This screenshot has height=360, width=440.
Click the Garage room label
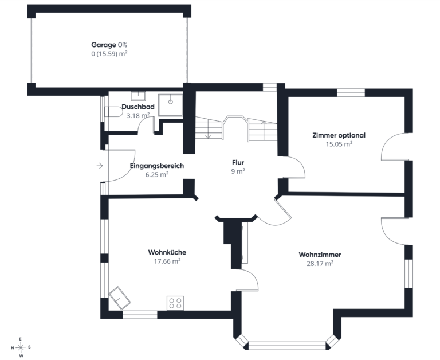103,45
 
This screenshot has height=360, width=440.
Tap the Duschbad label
138,107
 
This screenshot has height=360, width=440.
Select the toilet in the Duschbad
113,112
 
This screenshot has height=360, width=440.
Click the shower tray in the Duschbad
170,105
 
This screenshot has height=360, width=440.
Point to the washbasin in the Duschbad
138,96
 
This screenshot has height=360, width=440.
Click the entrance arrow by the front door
100,166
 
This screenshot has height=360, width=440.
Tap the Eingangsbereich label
157,166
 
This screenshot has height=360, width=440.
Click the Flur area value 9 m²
238,171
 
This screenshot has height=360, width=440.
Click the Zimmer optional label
339,135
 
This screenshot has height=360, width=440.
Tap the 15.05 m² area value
339,144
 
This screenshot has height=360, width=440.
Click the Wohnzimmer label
320,255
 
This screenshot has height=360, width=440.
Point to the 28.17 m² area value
320,263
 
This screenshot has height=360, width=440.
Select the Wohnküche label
167,252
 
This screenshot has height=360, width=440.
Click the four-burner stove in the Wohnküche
175,303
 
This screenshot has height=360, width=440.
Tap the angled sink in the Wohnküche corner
120,298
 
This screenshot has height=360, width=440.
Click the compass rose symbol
21,347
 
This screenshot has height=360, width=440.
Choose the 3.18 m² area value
138,115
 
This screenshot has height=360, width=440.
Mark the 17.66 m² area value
167,261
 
